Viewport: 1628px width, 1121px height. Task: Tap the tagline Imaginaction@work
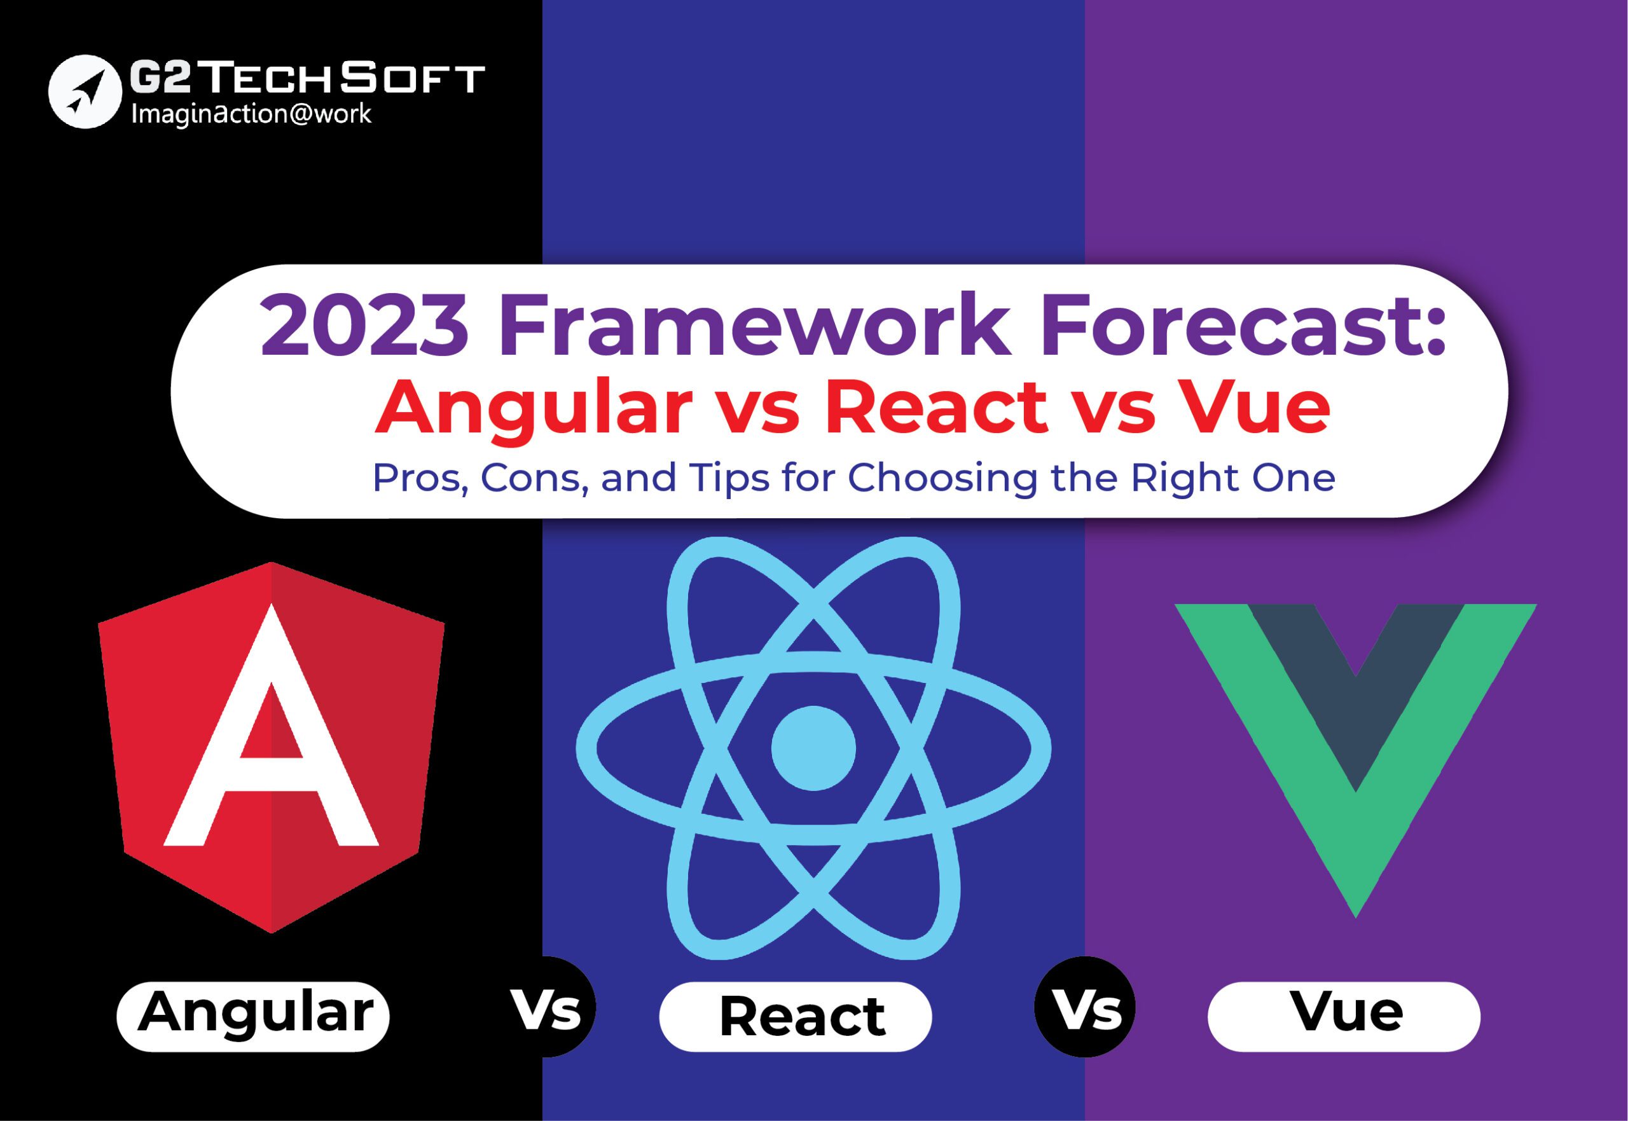point(251,114)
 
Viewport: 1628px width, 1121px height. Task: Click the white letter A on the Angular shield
point(271,726)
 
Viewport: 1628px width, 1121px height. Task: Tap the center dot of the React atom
point(813,747)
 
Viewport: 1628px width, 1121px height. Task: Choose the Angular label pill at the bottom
point(253,1016)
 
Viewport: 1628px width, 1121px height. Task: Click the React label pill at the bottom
point(796,1016)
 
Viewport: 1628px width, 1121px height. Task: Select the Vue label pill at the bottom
point(1344,1016)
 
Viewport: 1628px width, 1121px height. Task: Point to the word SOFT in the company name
point(412,78)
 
